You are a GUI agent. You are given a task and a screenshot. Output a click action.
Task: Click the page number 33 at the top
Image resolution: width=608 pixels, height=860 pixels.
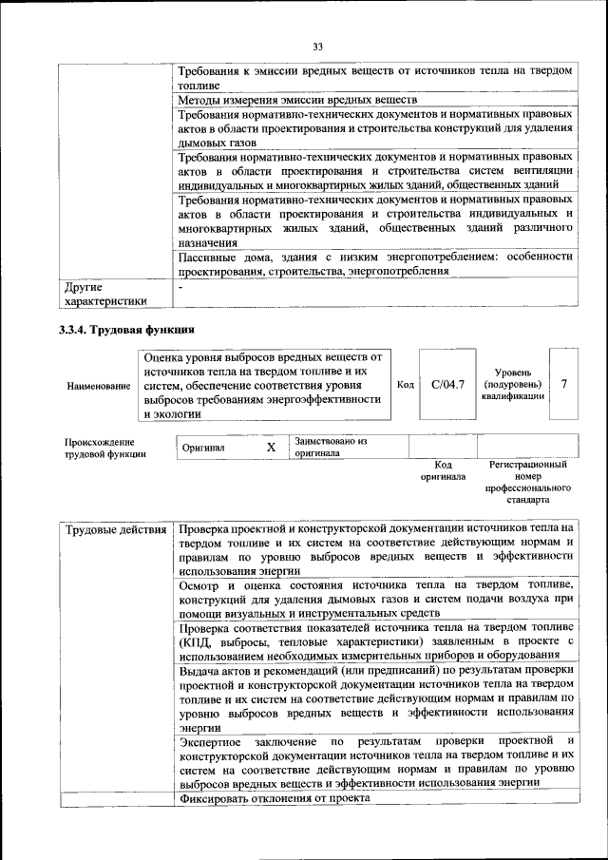(317, 46)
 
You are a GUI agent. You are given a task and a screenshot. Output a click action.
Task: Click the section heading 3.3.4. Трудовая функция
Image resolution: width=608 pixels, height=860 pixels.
(127, 330)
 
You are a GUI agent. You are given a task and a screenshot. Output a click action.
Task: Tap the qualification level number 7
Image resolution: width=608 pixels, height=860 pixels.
(564, 384)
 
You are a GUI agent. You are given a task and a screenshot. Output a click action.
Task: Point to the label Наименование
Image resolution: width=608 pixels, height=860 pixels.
(98, 386)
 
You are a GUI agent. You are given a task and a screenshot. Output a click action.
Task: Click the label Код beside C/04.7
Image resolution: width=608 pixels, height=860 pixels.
(405, 385)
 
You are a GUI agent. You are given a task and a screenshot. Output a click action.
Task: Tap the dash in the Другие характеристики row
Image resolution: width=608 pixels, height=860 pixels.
(180, 285)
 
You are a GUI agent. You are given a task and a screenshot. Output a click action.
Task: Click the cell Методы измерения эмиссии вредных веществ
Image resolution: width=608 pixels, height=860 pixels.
(296, 100)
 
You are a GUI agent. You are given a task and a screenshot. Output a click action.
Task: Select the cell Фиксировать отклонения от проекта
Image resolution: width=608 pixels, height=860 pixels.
(274, 798)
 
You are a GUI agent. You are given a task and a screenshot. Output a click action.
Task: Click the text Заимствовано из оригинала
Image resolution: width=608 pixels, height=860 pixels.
(330, 447)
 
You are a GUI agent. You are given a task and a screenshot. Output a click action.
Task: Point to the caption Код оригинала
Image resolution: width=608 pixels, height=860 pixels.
(443, 470)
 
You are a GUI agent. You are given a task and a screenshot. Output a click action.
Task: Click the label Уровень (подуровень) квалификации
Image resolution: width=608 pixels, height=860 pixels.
(513, 384)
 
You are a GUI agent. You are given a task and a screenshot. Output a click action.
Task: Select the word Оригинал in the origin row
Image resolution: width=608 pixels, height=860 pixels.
(205, 448)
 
